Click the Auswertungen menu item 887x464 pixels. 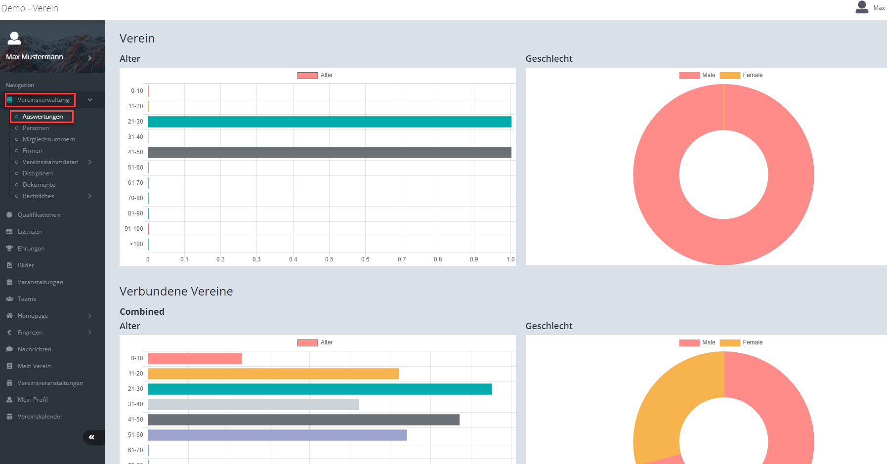point(42,117)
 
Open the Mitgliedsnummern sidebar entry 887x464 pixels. point(49,139)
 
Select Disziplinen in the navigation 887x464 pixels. point(38,173)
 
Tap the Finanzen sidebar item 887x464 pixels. point(30,333)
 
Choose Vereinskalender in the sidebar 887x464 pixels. point(40,417)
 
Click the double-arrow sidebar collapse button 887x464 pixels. point(92,437)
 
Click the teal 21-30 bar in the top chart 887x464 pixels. point(330,122)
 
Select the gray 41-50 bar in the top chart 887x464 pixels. point(330,152)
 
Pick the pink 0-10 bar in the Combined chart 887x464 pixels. point(195,358)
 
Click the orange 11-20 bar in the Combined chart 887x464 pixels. point(273,374)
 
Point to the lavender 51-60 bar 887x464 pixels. point(277,435)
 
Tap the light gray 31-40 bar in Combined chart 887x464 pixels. point(253,404)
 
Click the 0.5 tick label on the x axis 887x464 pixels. point(329,259)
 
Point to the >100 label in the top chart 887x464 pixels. point(136,244)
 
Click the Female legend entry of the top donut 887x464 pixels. point(741,75)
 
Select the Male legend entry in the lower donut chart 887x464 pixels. point(697,342)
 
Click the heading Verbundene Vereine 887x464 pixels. point(176,292)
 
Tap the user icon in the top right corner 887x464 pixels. point(862,7)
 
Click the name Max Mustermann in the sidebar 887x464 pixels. point(35,57)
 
